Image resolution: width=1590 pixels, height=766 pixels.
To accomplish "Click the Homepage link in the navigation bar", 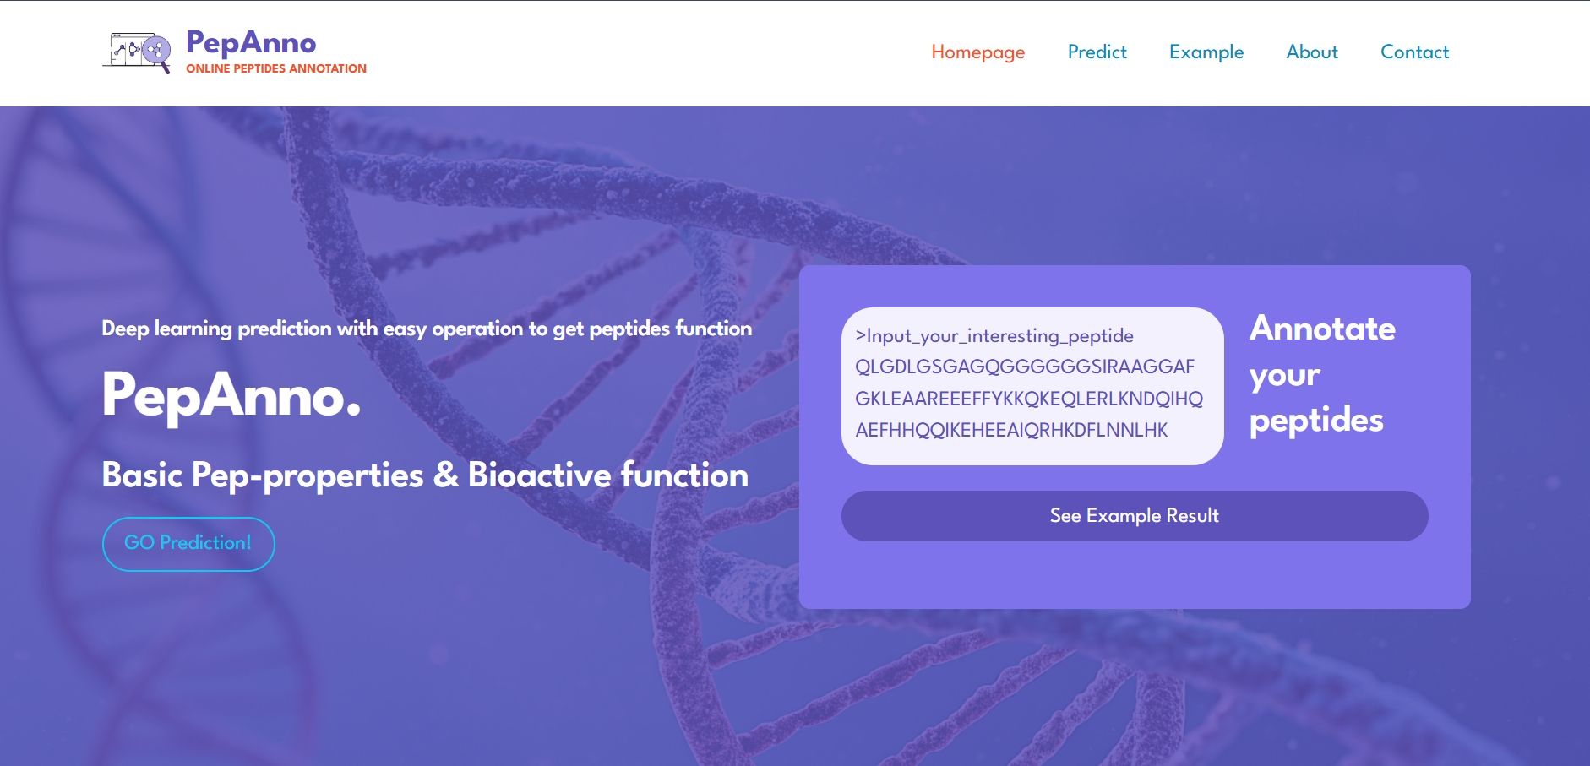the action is click(977, 52).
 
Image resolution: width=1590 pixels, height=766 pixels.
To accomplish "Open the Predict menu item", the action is click(1097, 52).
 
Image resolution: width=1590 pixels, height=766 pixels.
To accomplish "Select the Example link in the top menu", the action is click(1206, 52).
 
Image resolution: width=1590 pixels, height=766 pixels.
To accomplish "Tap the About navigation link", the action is click(1312, 52).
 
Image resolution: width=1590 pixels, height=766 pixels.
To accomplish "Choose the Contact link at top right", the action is click(1414, 52).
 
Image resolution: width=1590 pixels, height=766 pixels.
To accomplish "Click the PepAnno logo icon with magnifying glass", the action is click(137, 52).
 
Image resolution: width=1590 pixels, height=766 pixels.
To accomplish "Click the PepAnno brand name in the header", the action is click(251, 42).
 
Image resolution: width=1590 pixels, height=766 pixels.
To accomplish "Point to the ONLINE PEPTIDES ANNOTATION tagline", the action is click(276, 68).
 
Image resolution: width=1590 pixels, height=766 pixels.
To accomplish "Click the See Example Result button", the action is click(1135, 516).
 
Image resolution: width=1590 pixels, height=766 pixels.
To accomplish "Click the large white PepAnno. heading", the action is click(231, 395).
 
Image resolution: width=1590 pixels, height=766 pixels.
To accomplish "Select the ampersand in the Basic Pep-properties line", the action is click(446, 475).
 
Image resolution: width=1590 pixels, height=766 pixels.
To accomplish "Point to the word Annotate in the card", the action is click(1322, 328).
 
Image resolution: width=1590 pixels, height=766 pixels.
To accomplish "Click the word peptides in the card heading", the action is click(1316, 421).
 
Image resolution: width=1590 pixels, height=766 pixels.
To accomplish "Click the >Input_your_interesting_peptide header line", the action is click(994, 336).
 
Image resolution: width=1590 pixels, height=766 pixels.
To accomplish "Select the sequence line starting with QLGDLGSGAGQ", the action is click(1025, 367).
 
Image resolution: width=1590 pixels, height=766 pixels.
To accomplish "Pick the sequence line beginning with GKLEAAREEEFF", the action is click(1029, 399).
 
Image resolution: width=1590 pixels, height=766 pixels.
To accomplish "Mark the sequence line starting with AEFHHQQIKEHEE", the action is click(1011, 430).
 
